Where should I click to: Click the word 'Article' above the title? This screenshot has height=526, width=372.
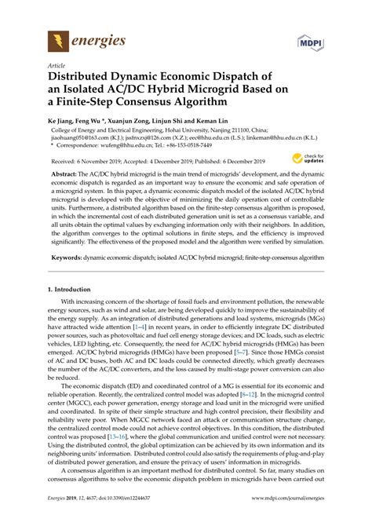[57, 67]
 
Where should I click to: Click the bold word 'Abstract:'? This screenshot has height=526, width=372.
[67, 173]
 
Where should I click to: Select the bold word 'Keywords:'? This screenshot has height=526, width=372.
[69, 257]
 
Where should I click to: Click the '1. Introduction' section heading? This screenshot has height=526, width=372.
[74, 290]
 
